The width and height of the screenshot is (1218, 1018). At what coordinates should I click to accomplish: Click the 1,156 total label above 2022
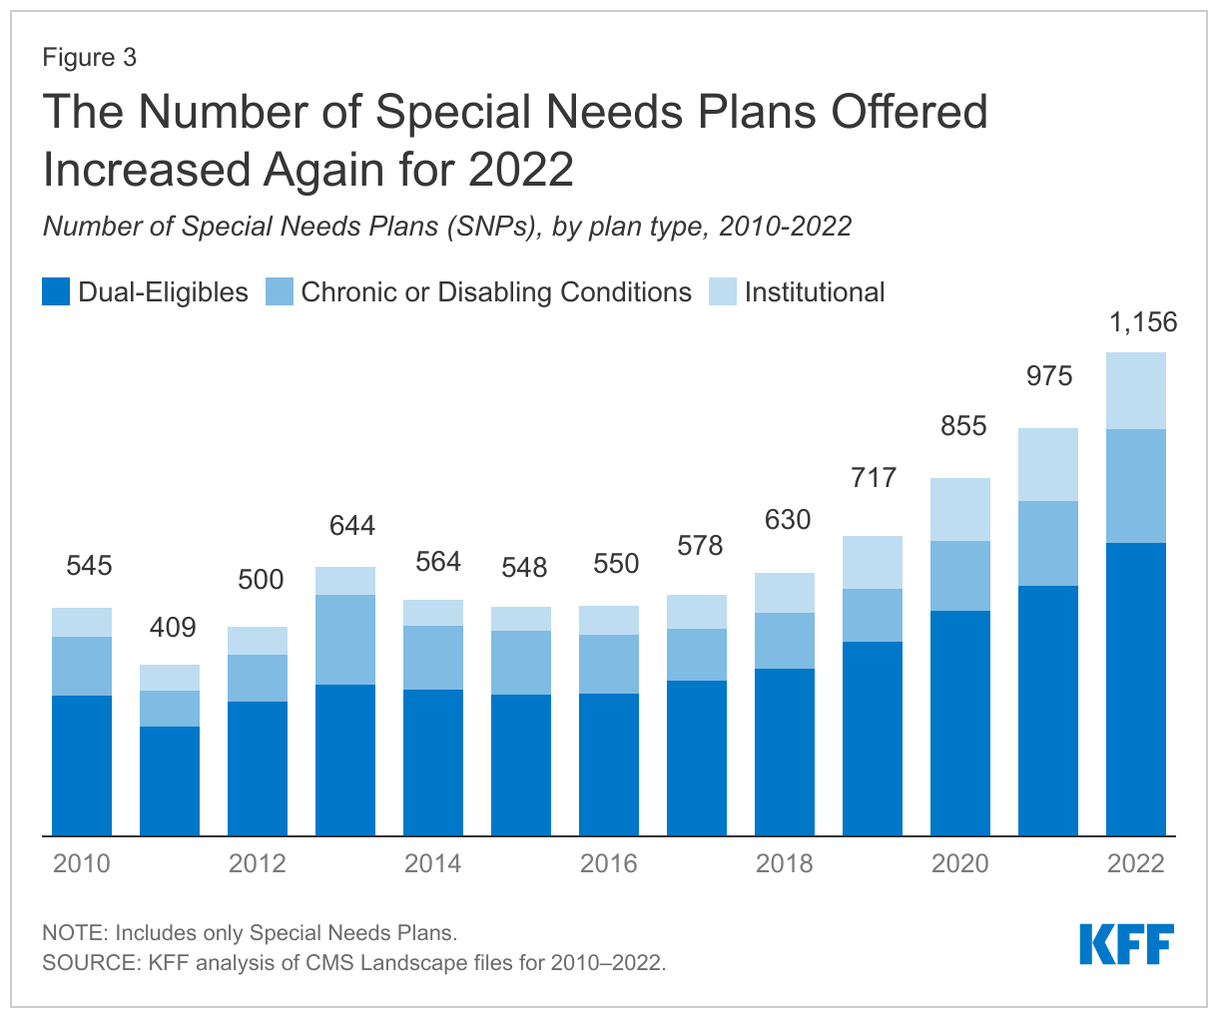pyautogui.click(x=1143, y=322)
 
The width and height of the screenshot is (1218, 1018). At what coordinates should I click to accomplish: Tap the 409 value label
pyautogui.click(x=173, y=628)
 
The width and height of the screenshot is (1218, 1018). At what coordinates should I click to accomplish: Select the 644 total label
pyautogui.click(x=352, y=525)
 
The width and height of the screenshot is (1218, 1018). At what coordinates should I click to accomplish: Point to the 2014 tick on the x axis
pyautogui.click(x=432, y=863)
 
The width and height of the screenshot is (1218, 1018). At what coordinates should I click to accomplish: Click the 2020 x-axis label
pyautogui.click(x=959, y=863)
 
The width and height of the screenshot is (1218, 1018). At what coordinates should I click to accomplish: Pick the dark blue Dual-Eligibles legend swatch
pyautogui.click(x=56, y=292)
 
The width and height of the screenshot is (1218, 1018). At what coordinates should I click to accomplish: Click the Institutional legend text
pyautogui.click(x=814, y=292)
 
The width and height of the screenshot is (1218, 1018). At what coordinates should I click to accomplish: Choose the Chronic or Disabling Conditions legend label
pyautogui.click(x=496, y=292)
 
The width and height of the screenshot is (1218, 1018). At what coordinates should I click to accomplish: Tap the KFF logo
pyautogui.click(x=1126, y=944)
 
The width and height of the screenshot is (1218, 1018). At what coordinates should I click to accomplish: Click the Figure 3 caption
pyautogui.click(x=90, y=57)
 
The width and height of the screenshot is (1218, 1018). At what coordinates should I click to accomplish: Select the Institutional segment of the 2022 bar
pyautogui.click(x=1135, y=390)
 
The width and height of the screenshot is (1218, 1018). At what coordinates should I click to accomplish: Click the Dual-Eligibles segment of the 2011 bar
pyautogui.click(x=169, y=780)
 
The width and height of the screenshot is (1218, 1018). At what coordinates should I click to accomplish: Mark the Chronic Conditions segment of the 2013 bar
pyautogui.click(x=344, y=640)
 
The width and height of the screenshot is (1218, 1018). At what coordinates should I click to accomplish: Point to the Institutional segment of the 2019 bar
pyautogui.click(x=872, y=562)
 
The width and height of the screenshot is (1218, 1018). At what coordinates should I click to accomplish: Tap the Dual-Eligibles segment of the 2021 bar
pyautogui.click(x=1047, y=710)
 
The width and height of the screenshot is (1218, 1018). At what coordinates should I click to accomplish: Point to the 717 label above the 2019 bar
pyautogui.click(x=874, y=477)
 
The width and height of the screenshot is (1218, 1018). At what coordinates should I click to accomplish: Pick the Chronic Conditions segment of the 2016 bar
pyautogui.click(x=608, y=664)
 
